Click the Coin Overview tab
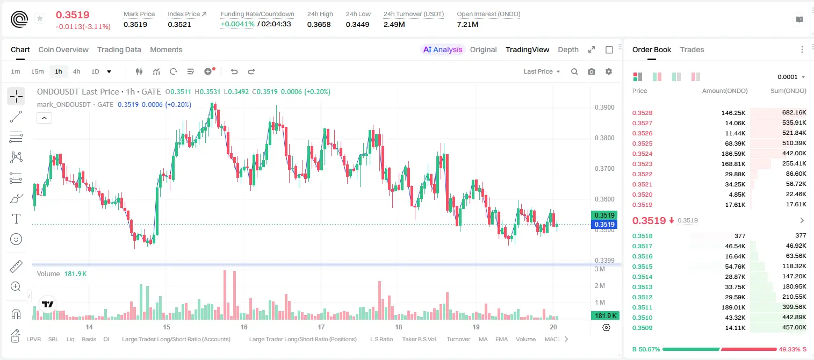tap(63, 49)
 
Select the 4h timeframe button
tap(76, 71)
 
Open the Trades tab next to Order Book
tap(691, 49)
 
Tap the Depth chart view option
tap(568, 49)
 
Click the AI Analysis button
tap(443, 49)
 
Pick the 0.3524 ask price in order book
tap(642, 154)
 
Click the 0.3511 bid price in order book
tap(642, 307)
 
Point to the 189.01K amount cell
tap(733, 307)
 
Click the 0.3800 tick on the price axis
tap(604, 138)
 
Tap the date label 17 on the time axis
tap(321, 327)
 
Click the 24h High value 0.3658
tap(319, 24)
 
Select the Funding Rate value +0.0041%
tap(237, 24)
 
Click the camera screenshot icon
tap(592, 71)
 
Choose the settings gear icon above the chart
tap(609, 71)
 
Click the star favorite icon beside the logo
tap(40, 18)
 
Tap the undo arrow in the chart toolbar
tap(234, 71)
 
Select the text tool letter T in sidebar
tap(16, 219)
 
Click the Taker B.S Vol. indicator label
tap(419, 339)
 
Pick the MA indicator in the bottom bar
tap(483, 339)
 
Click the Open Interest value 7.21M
tap(467, 24)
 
